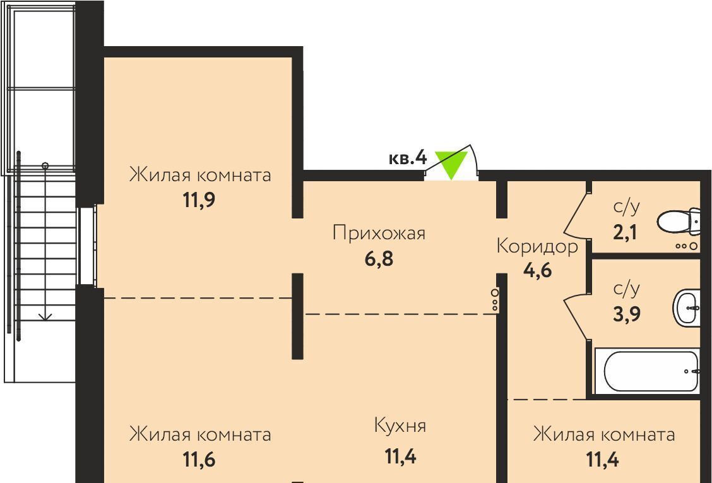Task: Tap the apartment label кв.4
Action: point(408,158)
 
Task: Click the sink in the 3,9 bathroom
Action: point(686,307)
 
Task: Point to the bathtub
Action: point(647,371)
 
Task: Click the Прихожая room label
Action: point(379,233)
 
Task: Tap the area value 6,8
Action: point(379,259)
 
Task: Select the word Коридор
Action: point(537,246)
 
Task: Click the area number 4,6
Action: point(537,270)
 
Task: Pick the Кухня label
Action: point(400,426)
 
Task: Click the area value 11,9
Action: point(199,200)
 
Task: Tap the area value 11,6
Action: point(199,460)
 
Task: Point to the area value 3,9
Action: point(627,314)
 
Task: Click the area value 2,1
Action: point(626,232)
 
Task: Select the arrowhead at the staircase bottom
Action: point(45,317)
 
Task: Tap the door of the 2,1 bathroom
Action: point(577,216)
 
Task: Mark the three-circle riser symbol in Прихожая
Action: point(494,299)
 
